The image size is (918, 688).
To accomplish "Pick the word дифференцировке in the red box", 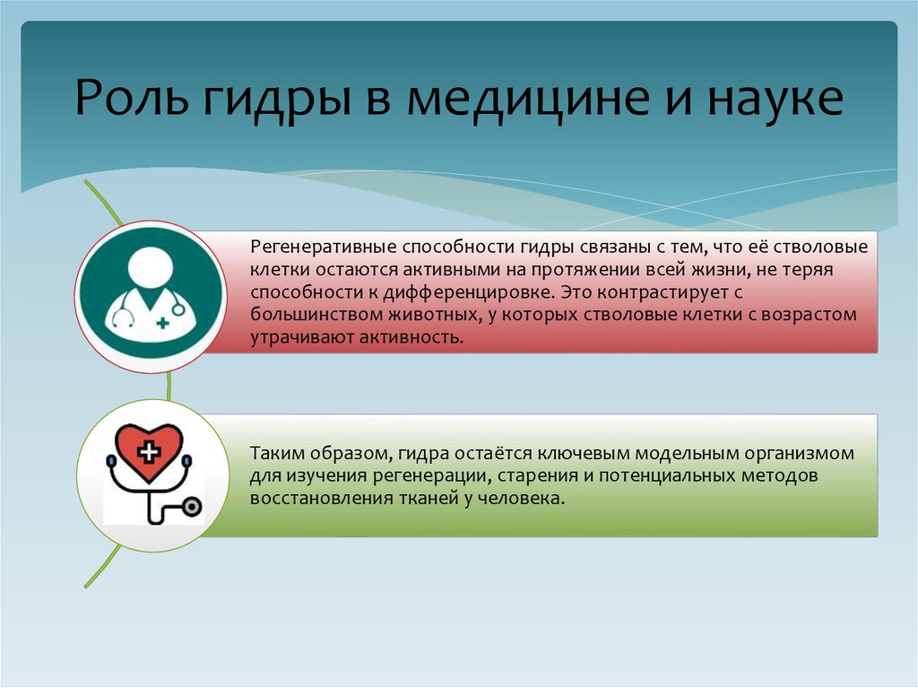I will click(x=468, y=292).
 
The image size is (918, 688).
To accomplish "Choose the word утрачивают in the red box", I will click(x=292, y=338).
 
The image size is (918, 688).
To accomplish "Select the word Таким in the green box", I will click(x=274, y=453).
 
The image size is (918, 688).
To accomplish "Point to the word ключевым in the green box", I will click(x=569, y=453).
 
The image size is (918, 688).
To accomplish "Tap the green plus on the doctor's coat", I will click(x=162, y=321).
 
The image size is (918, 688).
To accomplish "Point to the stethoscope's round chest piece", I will click(x=191, y=507).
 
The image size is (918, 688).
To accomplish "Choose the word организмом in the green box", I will click(x=812, y=453).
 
